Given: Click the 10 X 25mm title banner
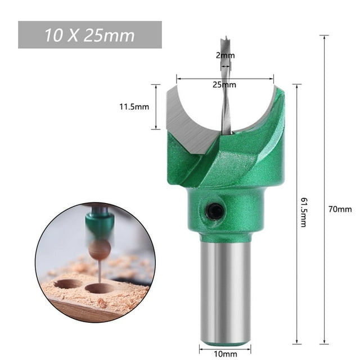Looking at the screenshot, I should tap(90, 35).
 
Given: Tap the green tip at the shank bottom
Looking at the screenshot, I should tap(226, 341).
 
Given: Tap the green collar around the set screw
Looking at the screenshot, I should tap(225, 211).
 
